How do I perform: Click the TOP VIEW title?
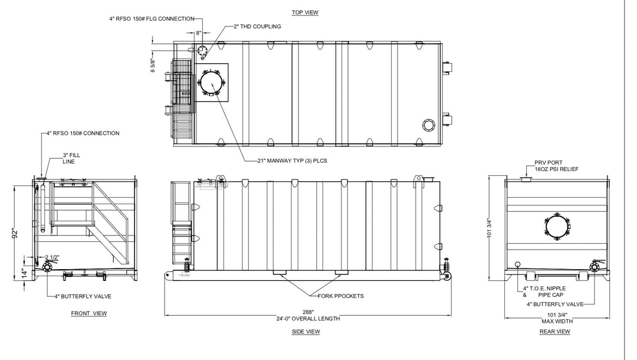click(306, 12)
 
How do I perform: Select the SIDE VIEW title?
click(306, 332)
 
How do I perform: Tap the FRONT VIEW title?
click(88, 313)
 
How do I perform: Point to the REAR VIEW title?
click(554, 332)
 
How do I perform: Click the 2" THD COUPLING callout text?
click(257, 27)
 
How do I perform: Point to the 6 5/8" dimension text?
click(153, 66)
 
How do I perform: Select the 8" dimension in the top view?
click(199, 33)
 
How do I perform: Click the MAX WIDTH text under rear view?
click(556, 321)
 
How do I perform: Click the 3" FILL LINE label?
click(73, 158)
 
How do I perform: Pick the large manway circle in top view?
click(211, 82)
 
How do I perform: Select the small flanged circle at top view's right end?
click(428, 125)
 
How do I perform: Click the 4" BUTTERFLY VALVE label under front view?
click(83, 296)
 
